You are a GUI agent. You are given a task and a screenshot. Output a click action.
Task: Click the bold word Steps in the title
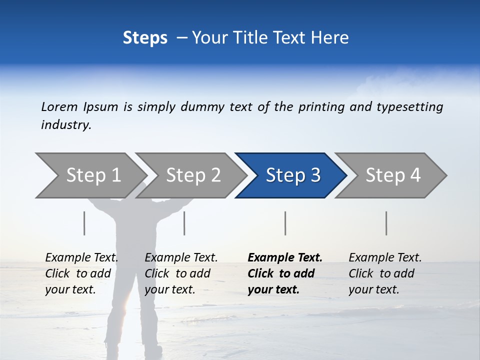pos(145,38)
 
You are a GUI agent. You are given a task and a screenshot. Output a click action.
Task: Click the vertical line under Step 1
pos(84,223)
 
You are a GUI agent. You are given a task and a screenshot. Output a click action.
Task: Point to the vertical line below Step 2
pos(184,223)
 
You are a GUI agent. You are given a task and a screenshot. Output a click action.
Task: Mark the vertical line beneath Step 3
pos(285,223)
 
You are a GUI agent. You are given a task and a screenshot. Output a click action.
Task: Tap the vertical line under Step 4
pos(386,223)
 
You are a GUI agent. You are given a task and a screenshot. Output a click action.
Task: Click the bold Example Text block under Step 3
pos(285,273)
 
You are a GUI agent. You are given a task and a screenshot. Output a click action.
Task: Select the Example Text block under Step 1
pos(81,273)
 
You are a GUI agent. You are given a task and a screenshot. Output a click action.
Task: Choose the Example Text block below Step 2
pos(181,273)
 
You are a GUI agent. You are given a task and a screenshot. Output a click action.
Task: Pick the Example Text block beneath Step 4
pos(385,273)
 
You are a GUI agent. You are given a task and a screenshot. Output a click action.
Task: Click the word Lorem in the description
pos(59,106)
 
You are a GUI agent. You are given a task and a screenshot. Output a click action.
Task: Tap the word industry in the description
pos(66,125)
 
